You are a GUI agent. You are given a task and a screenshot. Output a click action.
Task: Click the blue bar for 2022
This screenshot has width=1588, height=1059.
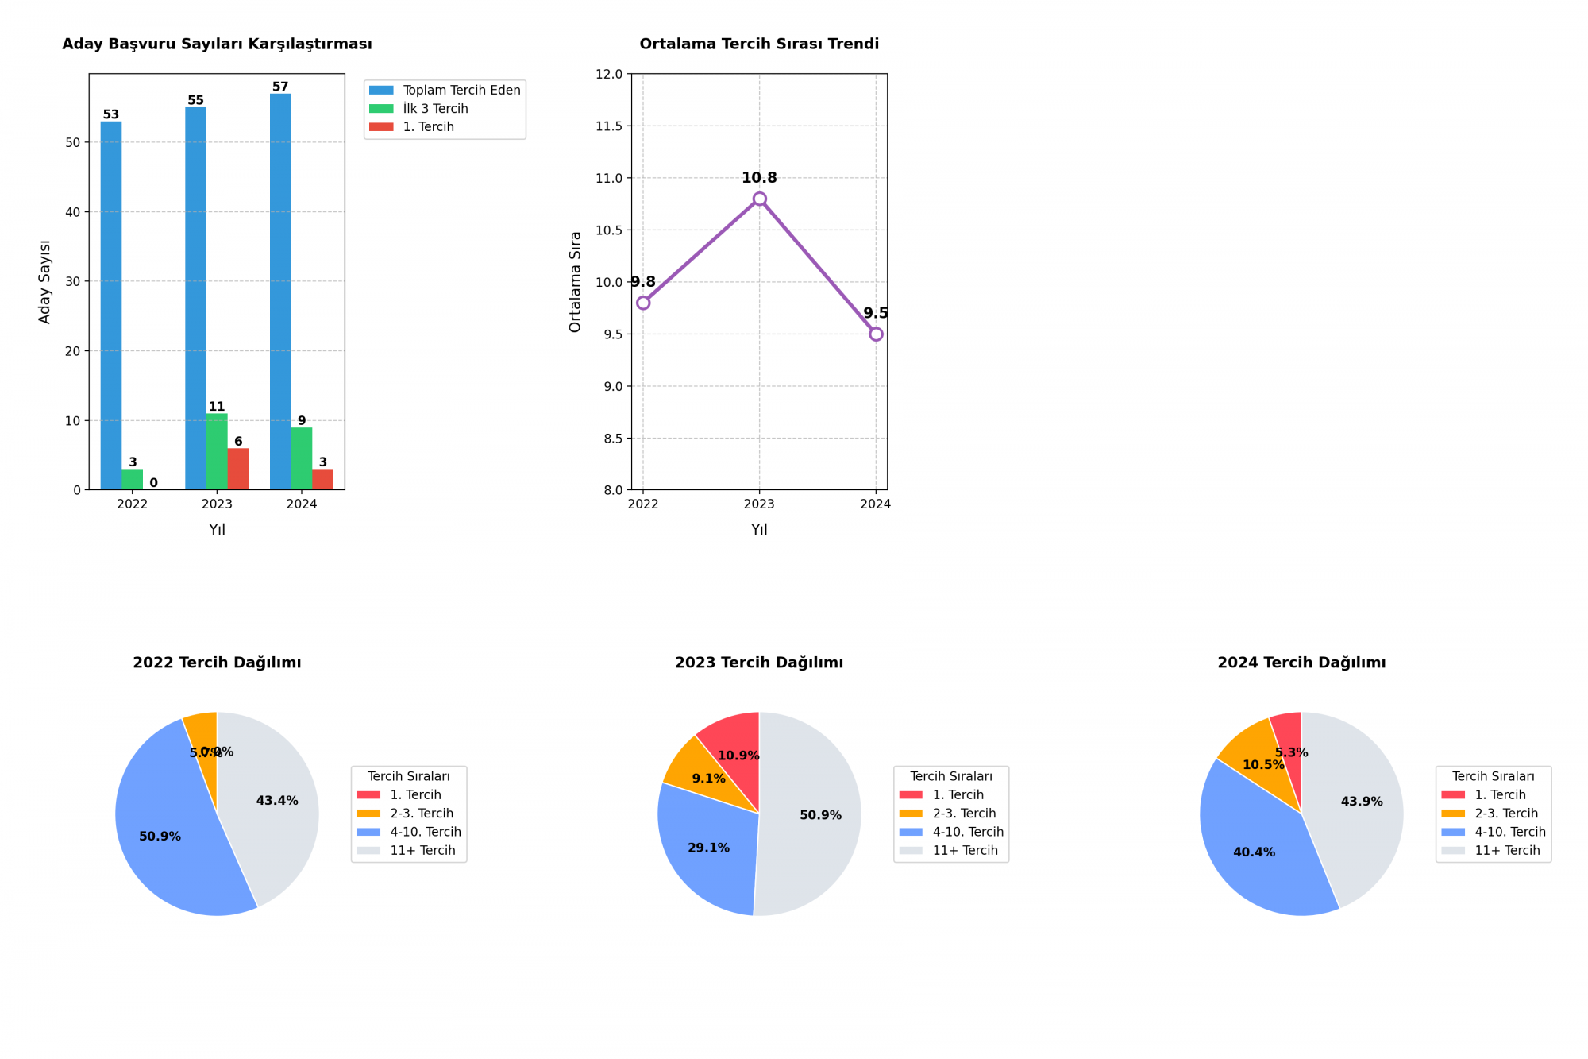111,306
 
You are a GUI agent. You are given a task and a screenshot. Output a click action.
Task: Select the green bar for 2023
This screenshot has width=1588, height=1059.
217,451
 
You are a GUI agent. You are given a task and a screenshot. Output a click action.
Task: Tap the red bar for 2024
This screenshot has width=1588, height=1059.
322,479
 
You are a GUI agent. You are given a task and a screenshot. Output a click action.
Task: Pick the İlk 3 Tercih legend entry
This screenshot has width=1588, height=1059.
435,109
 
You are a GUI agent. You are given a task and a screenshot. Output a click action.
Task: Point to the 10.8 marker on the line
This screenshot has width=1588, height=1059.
759,199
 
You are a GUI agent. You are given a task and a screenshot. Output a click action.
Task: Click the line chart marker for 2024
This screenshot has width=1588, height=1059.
876,334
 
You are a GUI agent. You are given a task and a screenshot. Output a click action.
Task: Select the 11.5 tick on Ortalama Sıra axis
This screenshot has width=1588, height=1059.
609,126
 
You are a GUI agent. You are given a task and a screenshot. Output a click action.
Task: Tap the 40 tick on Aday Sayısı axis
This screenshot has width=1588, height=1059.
73,212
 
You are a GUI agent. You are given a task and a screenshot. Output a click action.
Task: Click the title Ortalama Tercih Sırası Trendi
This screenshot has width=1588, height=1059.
759,44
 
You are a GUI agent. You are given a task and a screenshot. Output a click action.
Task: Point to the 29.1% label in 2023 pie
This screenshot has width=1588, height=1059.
708,848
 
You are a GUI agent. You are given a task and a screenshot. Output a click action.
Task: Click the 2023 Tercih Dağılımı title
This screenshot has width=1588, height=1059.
759,663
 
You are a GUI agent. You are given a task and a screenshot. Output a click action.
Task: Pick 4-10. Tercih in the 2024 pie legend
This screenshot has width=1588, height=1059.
1509,832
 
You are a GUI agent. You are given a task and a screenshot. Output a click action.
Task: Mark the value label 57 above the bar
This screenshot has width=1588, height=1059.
280,87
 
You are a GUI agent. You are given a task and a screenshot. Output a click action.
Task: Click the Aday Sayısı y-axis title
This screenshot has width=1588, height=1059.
45,282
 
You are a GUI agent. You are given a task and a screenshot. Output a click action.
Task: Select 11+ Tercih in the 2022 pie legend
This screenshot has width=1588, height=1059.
422,850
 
